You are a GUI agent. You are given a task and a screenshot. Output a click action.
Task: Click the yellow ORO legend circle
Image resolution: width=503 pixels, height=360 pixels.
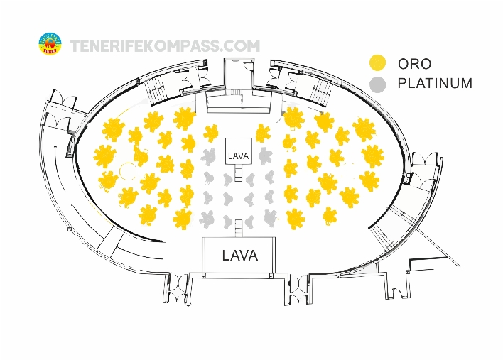point(378,62)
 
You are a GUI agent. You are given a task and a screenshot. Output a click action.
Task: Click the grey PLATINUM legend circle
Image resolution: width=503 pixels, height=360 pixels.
point(378,84)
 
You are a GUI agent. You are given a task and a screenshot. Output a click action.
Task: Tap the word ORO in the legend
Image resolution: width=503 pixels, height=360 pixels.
point(414,63)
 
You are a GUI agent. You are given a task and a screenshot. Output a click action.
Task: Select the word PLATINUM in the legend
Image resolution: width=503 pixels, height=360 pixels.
point(435,84)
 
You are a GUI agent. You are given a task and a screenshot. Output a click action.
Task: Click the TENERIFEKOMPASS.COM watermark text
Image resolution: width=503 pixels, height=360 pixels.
point(165,46)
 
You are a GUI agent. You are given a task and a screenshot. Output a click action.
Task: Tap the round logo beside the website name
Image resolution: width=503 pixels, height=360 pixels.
point(51,44)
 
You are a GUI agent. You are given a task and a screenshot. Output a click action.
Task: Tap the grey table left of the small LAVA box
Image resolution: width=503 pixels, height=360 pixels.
point(210,156)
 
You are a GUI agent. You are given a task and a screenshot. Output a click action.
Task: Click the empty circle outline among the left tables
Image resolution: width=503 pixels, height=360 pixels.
point(129,170)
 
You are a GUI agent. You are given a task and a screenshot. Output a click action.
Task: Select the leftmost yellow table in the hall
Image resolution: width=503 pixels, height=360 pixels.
point(104,156)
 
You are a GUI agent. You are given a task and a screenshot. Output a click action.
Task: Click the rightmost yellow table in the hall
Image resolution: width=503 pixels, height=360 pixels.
point(373,155)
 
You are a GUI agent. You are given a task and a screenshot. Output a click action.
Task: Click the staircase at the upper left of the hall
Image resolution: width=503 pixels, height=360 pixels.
point(155,89)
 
